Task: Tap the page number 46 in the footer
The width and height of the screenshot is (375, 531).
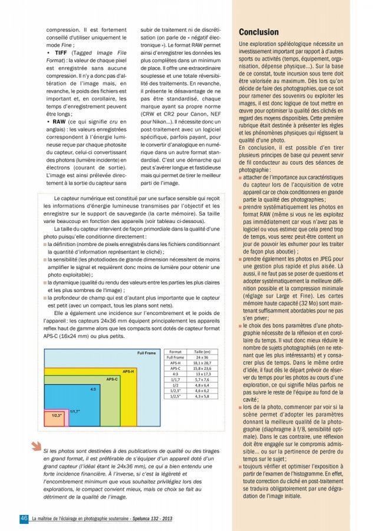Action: tap(24, 518)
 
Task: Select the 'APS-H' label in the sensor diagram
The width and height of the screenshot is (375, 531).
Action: tap(128, 371)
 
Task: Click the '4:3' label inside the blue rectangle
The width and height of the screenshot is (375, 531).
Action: tap(93, 390)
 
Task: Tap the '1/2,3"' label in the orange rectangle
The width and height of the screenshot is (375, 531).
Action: tap(57, 415)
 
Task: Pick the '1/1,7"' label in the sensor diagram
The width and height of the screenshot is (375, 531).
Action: tap(75, 411)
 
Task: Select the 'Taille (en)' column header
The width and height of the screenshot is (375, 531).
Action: tap(202, 352)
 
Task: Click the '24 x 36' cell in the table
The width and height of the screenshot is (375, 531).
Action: tap(202, 358)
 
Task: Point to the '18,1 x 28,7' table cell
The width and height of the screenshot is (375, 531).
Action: tap(202, 363)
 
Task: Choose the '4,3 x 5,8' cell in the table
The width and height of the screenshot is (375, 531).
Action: tap(202, 396)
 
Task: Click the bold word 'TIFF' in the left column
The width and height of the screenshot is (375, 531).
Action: tap(60, 53)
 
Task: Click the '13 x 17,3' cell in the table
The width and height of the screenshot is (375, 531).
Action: tap(202, 374)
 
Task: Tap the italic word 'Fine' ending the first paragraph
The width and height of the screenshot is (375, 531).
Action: tap(68, 44)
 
